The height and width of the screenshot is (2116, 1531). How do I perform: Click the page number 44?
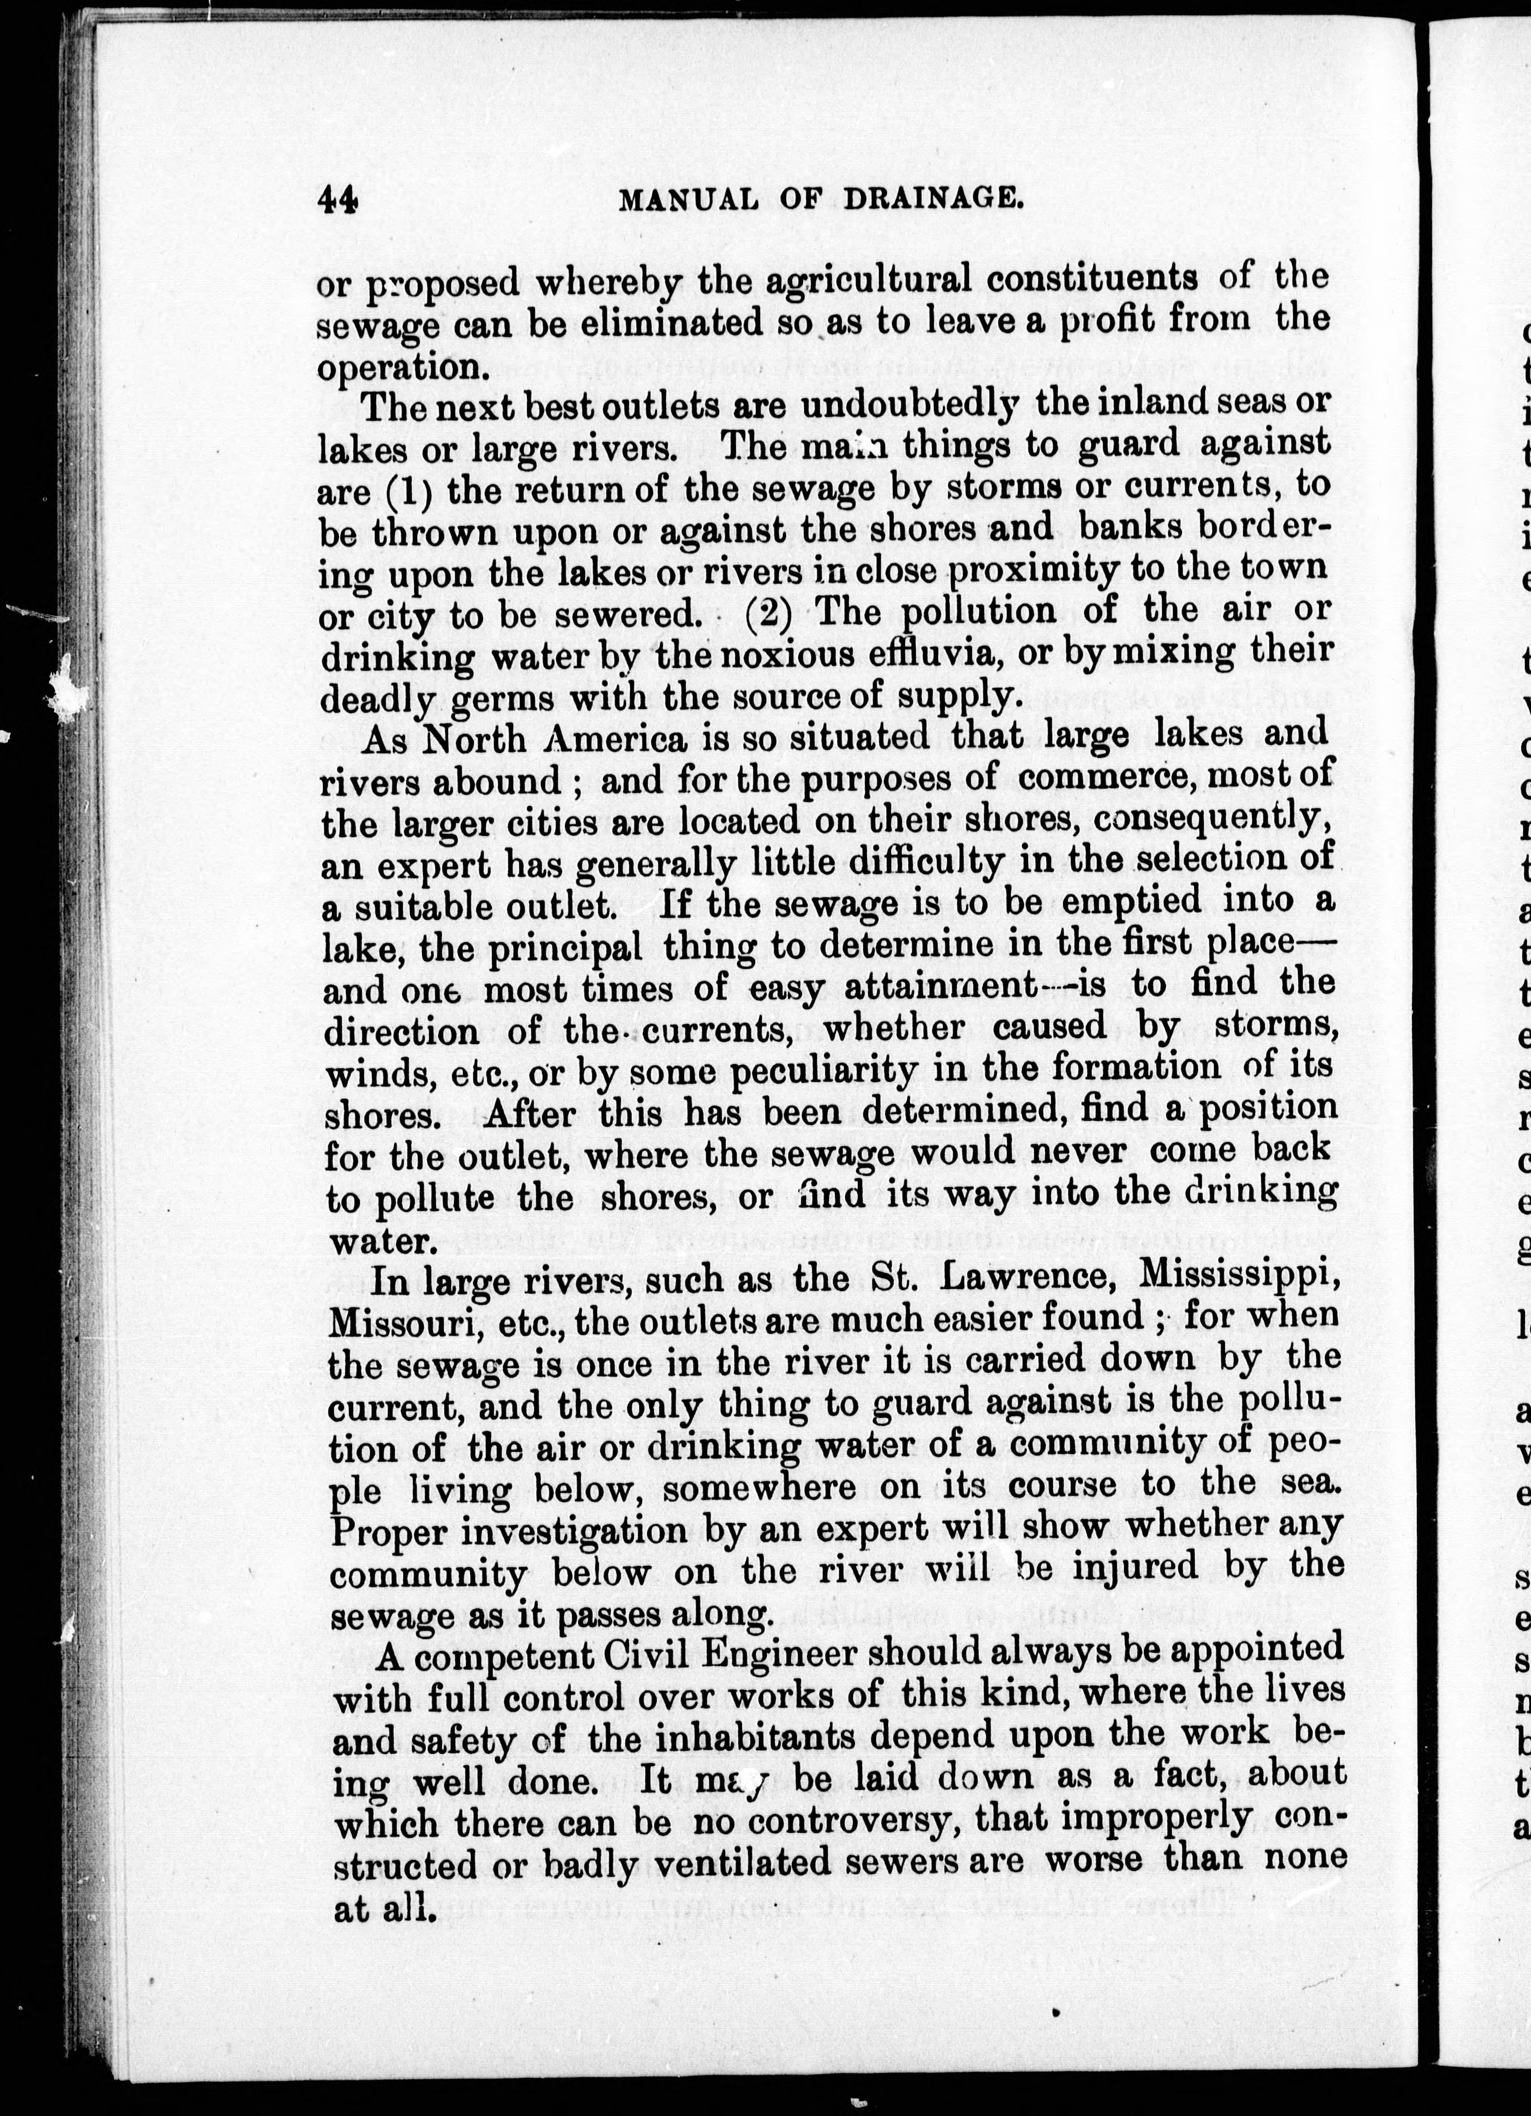pyautogui.click(x=337, y=200)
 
